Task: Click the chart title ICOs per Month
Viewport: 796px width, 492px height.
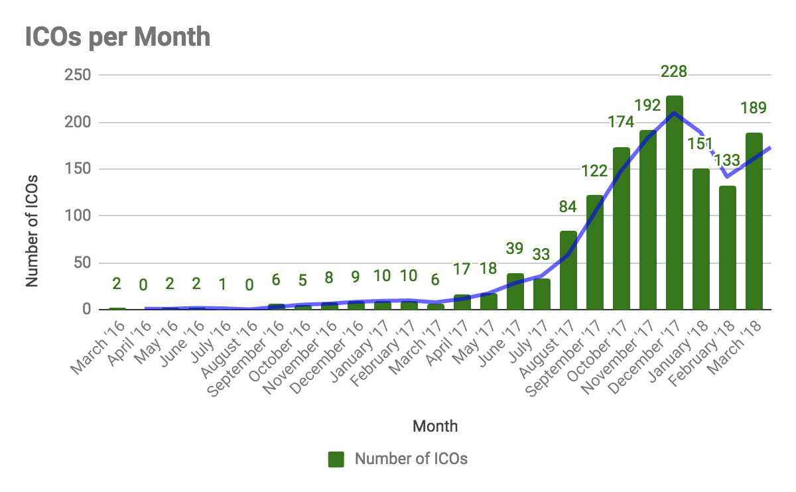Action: click(x=117, y=37)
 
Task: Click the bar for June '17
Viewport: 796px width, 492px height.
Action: click(x=515, y=291)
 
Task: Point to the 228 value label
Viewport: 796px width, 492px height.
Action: click(x=674, y=72)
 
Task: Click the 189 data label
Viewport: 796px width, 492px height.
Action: click(x=754, y=107)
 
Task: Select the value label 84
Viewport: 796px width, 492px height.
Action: click(x=568, y=208)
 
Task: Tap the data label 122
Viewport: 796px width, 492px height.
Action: click(x=594, y=171)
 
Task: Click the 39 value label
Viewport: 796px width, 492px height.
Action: click(x=515, y=249)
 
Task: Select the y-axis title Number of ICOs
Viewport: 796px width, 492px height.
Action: click(x=32, y=231)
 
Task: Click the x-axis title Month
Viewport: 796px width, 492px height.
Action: click(x=435, y=426)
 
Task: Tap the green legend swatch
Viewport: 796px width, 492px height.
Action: click(x=338, y=459)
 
